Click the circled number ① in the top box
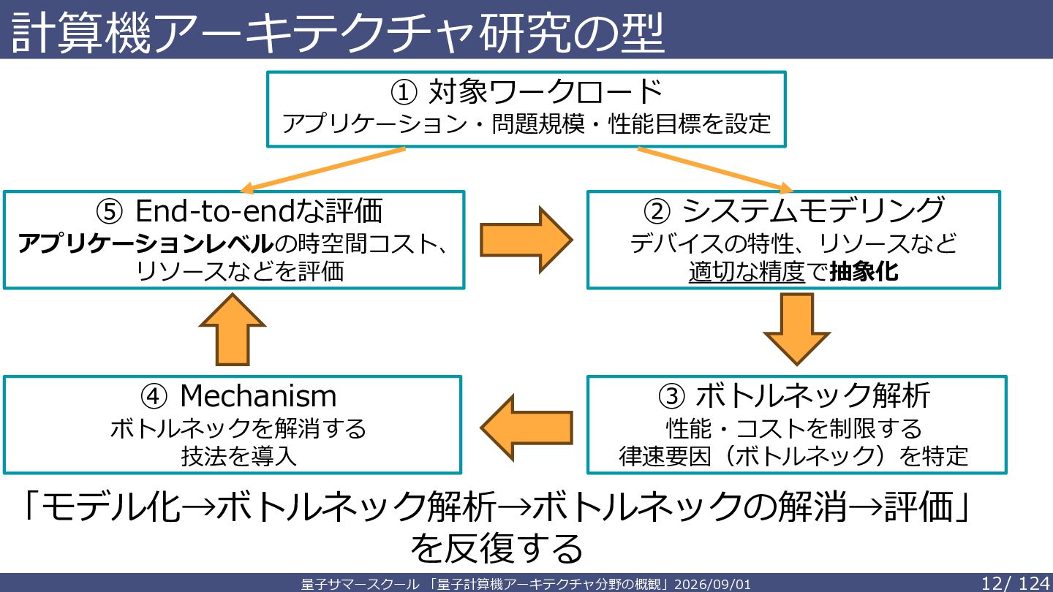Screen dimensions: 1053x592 click(404, 92)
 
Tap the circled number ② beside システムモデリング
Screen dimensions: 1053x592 click(657, 211)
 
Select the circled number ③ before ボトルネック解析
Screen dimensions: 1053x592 click(671, 396)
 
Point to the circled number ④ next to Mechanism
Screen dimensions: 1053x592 click(154, 396)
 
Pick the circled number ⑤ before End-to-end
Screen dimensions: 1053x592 click(109, 211)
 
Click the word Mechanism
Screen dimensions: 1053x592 click(258, 395)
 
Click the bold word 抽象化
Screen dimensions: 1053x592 click(864, 272)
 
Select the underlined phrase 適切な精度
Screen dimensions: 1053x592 click(747, 272)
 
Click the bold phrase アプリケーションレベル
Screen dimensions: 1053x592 click(146, 243)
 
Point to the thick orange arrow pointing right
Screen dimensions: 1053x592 click(526, 240)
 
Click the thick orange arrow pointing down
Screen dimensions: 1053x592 click(797, 329)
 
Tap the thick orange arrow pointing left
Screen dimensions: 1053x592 click(526, 428)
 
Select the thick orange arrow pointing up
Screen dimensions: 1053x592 click(233, 330)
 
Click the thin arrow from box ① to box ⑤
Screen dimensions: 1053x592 click(322, 170)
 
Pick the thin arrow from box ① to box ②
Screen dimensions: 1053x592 click(715, 170)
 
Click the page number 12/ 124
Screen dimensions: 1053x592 click(1016, 583)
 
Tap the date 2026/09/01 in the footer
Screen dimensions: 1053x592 click(713, 584)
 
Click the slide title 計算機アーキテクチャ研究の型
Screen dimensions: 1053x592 click(338, 32)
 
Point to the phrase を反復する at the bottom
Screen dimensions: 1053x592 click(497, 548)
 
